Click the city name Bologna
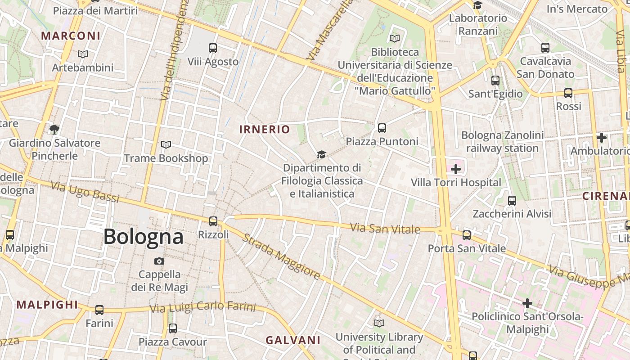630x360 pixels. (x=143, y=237)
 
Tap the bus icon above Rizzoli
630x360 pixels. (x=213, y=221)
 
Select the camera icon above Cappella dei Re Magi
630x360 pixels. (x=159, y=261)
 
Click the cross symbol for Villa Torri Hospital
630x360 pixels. (x=456, y=169)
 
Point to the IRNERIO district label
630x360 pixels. (x=265, y=130)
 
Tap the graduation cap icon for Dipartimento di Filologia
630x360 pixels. (x=321, y=155)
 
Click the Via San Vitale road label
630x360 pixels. (x=385, y=228)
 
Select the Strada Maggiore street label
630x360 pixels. (x=281, y=256)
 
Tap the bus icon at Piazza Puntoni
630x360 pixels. (x=382, y=128)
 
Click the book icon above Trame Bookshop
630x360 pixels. (x=166, y=144)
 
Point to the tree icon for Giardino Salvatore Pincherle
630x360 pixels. (x=54, y=130)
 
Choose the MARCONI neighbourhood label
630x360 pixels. (x=71, y=36)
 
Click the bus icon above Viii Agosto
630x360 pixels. (x=213, y=48)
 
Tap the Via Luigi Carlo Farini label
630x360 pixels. (x=202, y=308)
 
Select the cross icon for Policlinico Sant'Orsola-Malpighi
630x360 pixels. (x=527, y=303)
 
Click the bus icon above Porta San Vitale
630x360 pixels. (x=467, y=235)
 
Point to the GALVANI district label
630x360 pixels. (x=293, y=340)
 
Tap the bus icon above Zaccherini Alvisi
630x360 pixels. (x=512, y=201)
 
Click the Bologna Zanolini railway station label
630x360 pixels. (x=502, y=142)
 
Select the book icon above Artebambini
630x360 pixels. (x=82, y=54)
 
